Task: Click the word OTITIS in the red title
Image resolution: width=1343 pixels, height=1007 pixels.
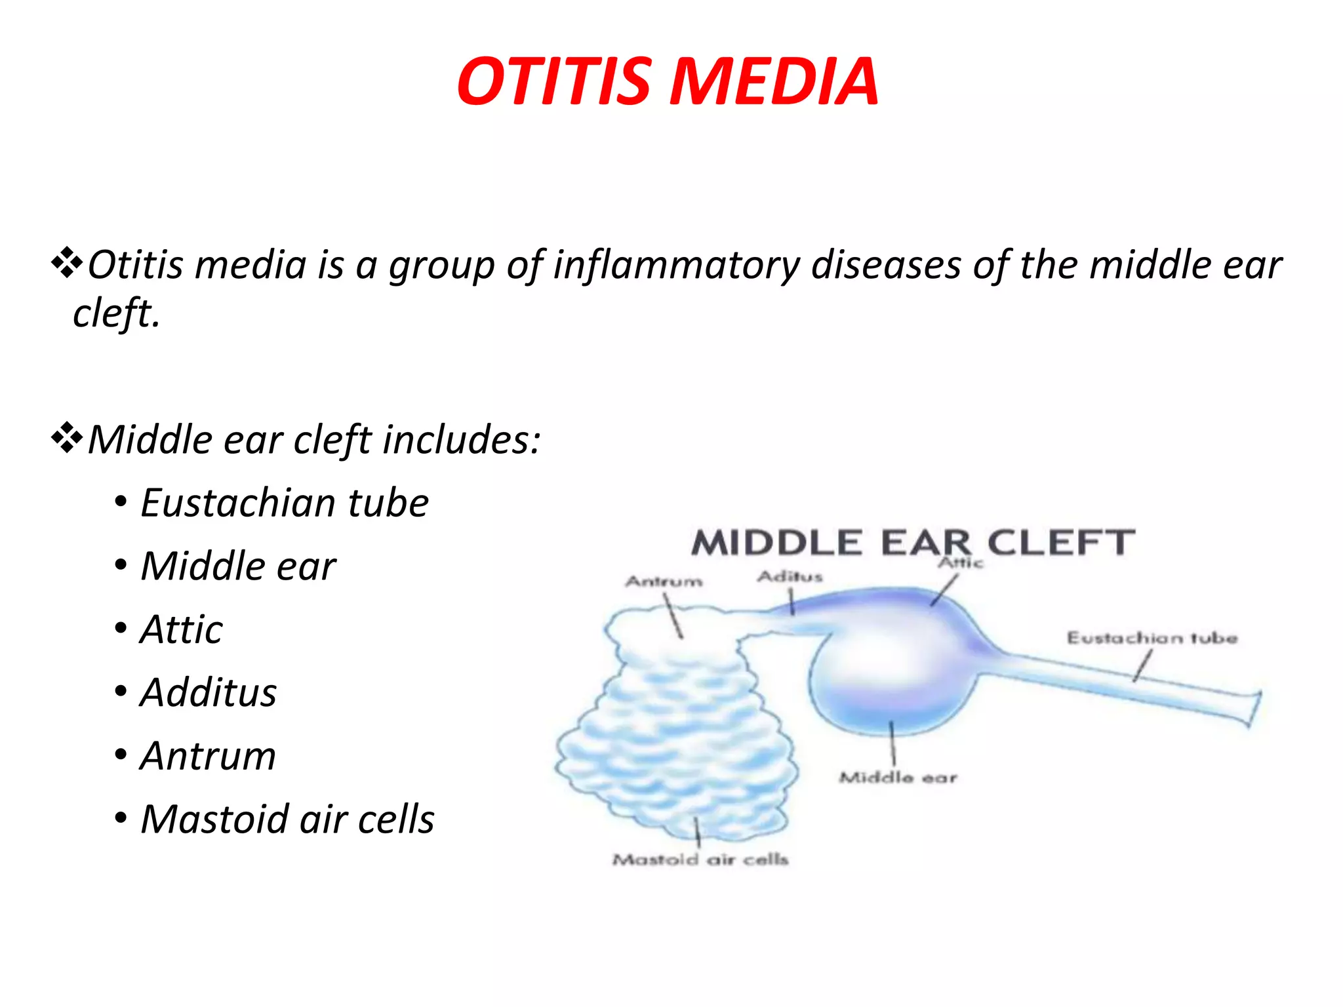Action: [x=554, y=82]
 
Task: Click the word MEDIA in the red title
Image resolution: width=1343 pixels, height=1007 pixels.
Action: [x=774, y=82]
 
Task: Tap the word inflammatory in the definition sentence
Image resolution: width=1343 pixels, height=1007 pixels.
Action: [x=675, y=266]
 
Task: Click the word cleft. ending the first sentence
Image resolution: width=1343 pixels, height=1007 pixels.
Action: [x=116, y=313]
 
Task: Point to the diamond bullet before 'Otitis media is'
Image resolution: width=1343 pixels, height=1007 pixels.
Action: [x=67, y=264]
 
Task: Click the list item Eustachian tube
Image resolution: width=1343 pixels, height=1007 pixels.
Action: [x=285, y=503]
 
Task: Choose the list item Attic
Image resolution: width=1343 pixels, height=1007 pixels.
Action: [x=182, y=630]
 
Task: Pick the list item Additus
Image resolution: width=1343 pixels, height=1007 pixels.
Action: [x=209, y=693]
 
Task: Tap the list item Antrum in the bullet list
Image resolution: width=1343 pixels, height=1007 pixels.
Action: [x=208, y=756]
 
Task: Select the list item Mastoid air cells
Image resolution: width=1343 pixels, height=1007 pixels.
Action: [x=287, y=819]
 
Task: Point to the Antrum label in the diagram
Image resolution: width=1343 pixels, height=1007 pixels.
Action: [x=664, y=581]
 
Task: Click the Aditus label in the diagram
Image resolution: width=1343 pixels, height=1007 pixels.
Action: [x=790, y=576]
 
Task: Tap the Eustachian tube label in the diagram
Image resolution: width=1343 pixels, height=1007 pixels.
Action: [x=1152, y=638]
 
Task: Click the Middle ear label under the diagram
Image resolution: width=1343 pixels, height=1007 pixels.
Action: [x=898, y=778]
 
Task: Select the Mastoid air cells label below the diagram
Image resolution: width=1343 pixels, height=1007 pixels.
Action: [x=700, y=859]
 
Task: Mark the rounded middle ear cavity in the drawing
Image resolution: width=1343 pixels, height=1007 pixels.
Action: [x=892, y=675]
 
